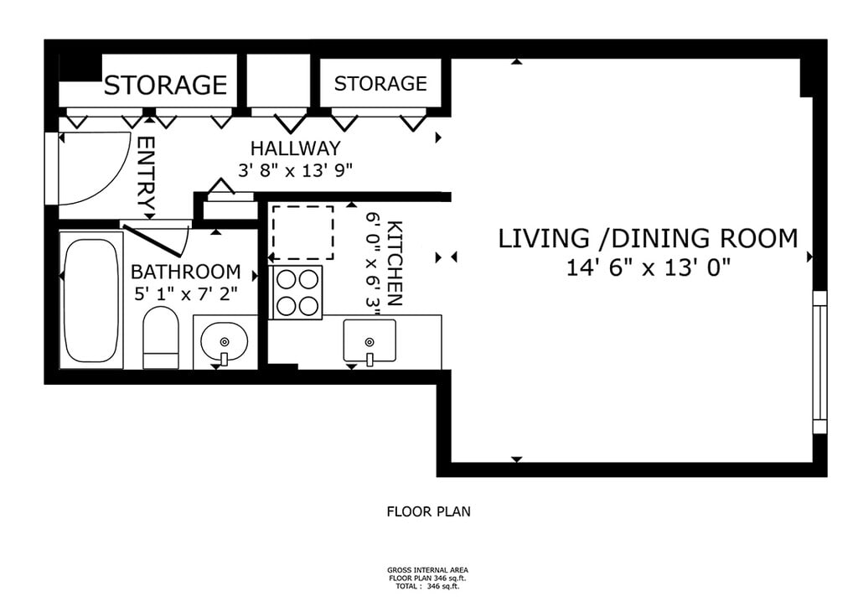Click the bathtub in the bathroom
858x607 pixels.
coord(91,300)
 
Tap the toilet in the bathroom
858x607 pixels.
coord(161,338)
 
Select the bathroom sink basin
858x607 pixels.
coord(225,341)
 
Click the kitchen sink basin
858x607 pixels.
coord(370,341)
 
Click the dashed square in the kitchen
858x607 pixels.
coord(302,232)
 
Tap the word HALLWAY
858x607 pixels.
coord(296,148)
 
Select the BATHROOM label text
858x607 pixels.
coord(185,272)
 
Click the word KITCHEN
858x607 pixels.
coord(395,263)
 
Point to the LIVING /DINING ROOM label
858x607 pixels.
coord(648,239)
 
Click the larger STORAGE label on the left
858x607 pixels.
coord(165,86)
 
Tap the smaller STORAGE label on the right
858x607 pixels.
coord(380,84)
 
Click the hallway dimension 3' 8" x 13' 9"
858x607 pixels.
coord(294,171)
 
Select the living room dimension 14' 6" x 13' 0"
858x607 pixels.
coord(649,269)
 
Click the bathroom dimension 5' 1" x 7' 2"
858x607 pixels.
coord(186,294)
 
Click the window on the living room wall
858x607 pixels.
coord(819,362)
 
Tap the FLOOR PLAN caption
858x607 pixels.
coord(428,511)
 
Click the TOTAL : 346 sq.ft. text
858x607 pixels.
coord(427,586)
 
